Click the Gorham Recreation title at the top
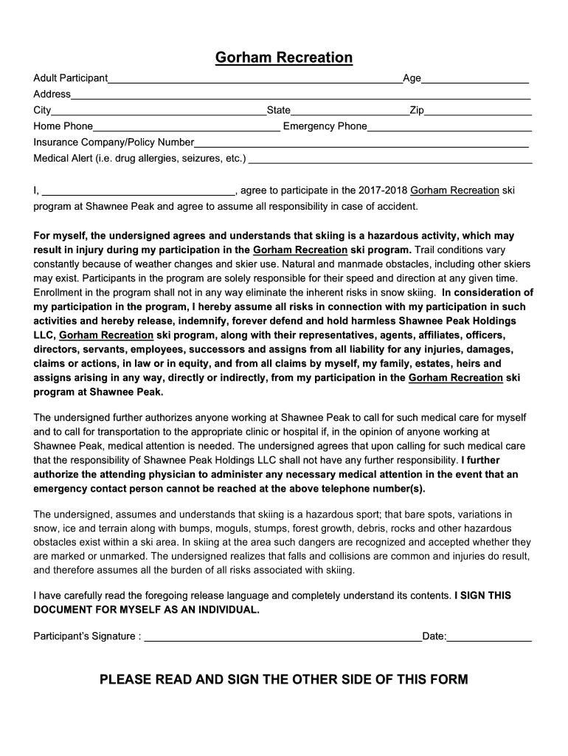[284, 58]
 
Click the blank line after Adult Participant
[254, 80]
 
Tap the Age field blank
[475, 80]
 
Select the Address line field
[300, 95]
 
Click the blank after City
[159, 111]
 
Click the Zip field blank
[478, 111]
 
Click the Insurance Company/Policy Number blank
[361, 143]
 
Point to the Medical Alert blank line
[391, 159]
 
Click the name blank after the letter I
[137, 191]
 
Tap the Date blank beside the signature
[489, 637]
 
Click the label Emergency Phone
[325, 126]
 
